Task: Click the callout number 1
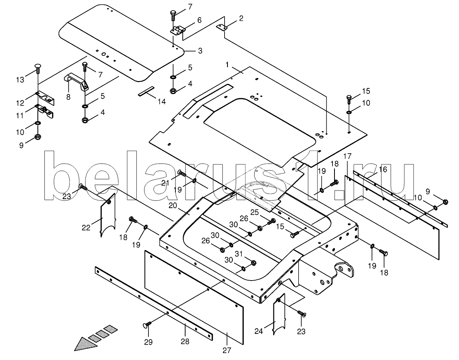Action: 227,64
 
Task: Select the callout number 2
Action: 241,18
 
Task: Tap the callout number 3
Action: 200,50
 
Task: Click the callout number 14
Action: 162,101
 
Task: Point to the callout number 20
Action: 173,206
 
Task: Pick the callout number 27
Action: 227,350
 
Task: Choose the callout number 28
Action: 185,341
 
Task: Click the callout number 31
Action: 239,254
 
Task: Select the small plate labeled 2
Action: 222,27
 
